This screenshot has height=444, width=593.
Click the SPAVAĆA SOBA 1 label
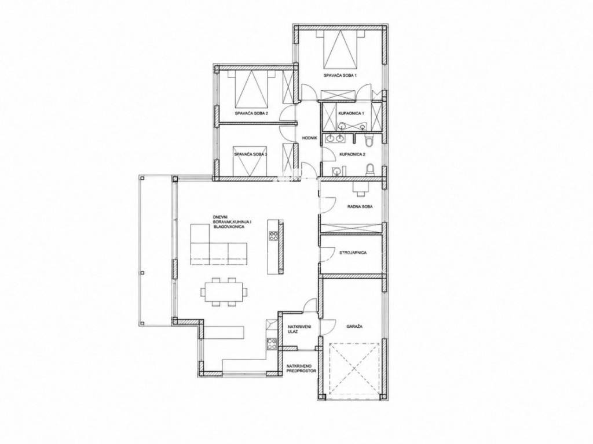tap(341, 76)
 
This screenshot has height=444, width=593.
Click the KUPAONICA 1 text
tap(351, 113)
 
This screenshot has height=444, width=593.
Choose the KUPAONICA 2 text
tap(352, 154)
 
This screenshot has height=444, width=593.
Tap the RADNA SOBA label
tap(360, 207)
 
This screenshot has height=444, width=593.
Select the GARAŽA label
tap(354, 327)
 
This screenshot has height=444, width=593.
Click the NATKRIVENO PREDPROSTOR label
tap(301, 368)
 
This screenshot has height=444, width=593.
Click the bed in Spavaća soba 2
tap(251, 90)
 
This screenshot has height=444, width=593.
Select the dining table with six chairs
tap(224, 292)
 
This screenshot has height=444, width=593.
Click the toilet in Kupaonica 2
tap(370, 170)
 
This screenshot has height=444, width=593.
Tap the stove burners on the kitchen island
tap(273, 236)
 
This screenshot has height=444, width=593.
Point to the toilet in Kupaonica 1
tap(369, 141)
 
